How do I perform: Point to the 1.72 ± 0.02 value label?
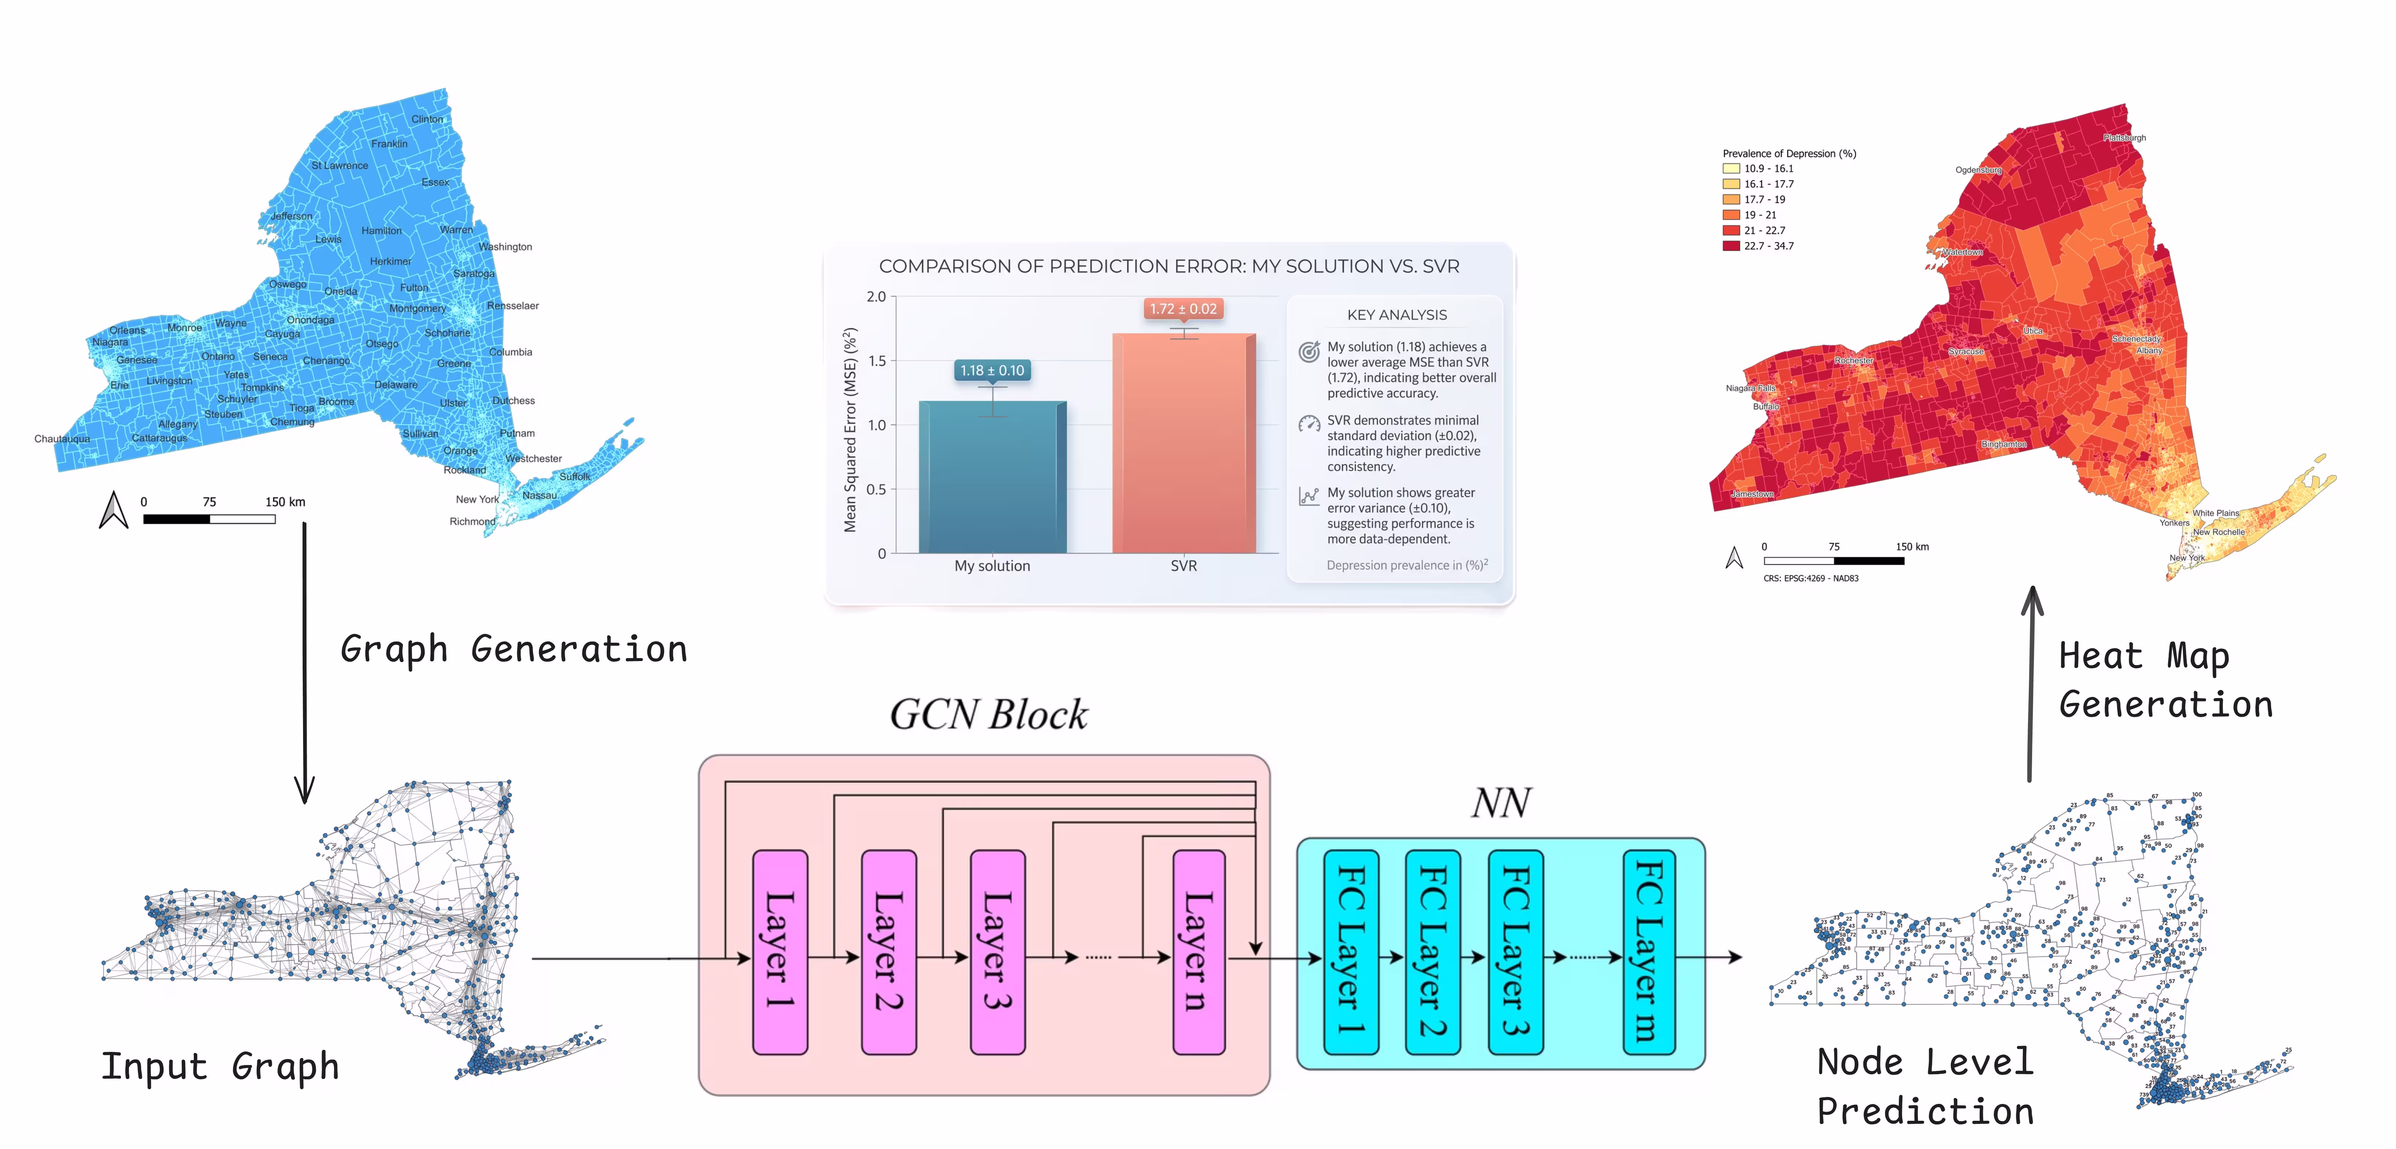tap(1182, 309)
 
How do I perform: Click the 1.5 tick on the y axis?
tap(876, 361)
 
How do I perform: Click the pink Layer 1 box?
tap(779, 951)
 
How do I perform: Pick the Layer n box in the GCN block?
tap(1198, 951)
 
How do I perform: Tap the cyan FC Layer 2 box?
tap(1433, 951)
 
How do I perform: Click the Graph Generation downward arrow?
tap(304, 661)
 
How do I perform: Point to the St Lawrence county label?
tap(339, 166)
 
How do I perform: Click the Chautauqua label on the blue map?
tap(62, 439)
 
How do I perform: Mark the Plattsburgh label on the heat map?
tap(2124, 138)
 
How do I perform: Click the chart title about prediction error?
tap(1168, 266)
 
